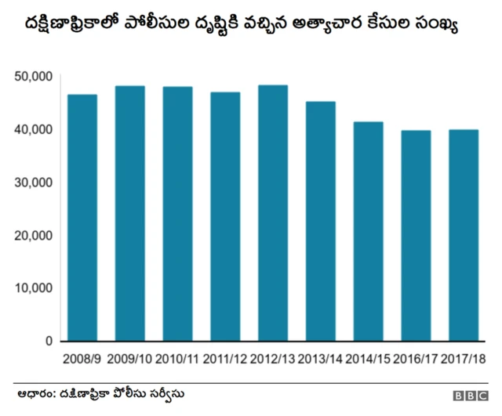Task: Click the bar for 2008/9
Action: click(82, 218)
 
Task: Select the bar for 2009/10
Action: click(130, 213)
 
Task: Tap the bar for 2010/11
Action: click(177, 214)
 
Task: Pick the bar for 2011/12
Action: click(225, 216)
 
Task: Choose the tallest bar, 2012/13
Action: click(272, 213)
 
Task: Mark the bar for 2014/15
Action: click(367, 231)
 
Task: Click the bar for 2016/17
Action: click(415, 235)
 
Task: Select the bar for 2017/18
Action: click(463, 235)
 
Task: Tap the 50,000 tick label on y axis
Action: click(33, 76)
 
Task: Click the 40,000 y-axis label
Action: click(33, 129)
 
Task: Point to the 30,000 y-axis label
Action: click(33, 182)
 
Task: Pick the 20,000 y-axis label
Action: click(33, 235)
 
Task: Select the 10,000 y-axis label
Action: click(33, 288)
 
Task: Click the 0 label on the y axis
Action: click(48, 342)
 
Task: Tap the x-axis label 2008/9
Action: click(82, 359)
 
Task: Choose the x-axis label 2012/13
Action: click(272, 359)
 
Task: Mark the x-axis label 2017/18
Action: click(463, 359)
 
